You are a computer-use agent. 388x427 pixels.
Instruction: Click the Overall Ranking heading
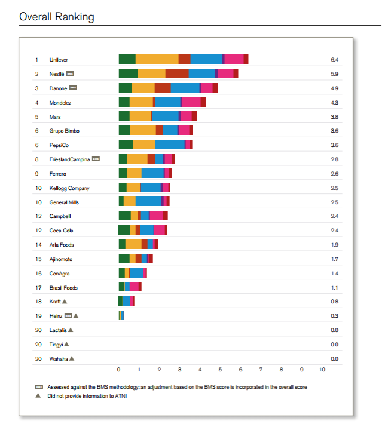point(57,17)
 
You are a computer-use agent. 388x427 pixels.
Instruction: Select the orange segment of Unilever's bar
point(157,59)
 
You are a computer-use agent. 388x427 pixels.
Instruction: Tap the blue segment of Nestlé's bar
point(201,73)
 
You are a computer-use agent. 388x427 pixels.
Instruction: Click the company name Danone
point(58,88)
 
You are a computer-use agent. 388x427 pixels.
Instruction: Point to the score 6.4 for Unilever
point(334,60)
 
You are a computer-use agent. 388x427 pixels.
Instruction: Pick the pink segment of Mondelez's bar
point(191,102)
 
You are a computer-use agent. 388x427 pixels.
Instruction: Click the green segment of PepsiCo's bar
point(126,145)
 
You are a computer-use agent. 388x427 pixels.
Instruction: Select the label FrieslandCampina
point(69,159)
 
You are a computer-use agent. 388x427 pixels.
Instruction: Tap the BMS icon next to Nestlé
point(70,73)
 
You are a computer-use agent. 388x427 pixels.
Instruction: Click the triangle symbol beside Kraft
point(65,302)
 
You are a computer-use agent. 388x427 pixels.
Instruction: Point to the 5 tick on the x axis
point(220,370)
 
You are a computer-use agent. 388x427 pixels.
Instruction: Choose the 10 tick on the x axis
point(322,370)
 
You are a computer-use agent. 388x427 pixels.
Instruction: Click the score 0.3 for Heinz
point(334,316)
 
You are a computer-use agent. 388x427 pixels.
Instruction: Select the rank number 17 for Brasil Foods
point(37,287)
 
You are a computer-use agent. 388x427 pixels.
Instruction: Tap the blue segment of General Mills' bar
point(148,202)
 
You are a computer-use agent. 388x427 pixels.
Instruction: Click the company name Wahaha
point(59,358)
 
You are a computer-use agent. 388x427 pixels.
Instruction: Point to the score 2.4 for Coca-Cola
point(334,231)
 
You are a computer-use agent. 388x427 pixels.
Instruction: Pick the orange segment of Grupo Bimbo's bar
point(143,131)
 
